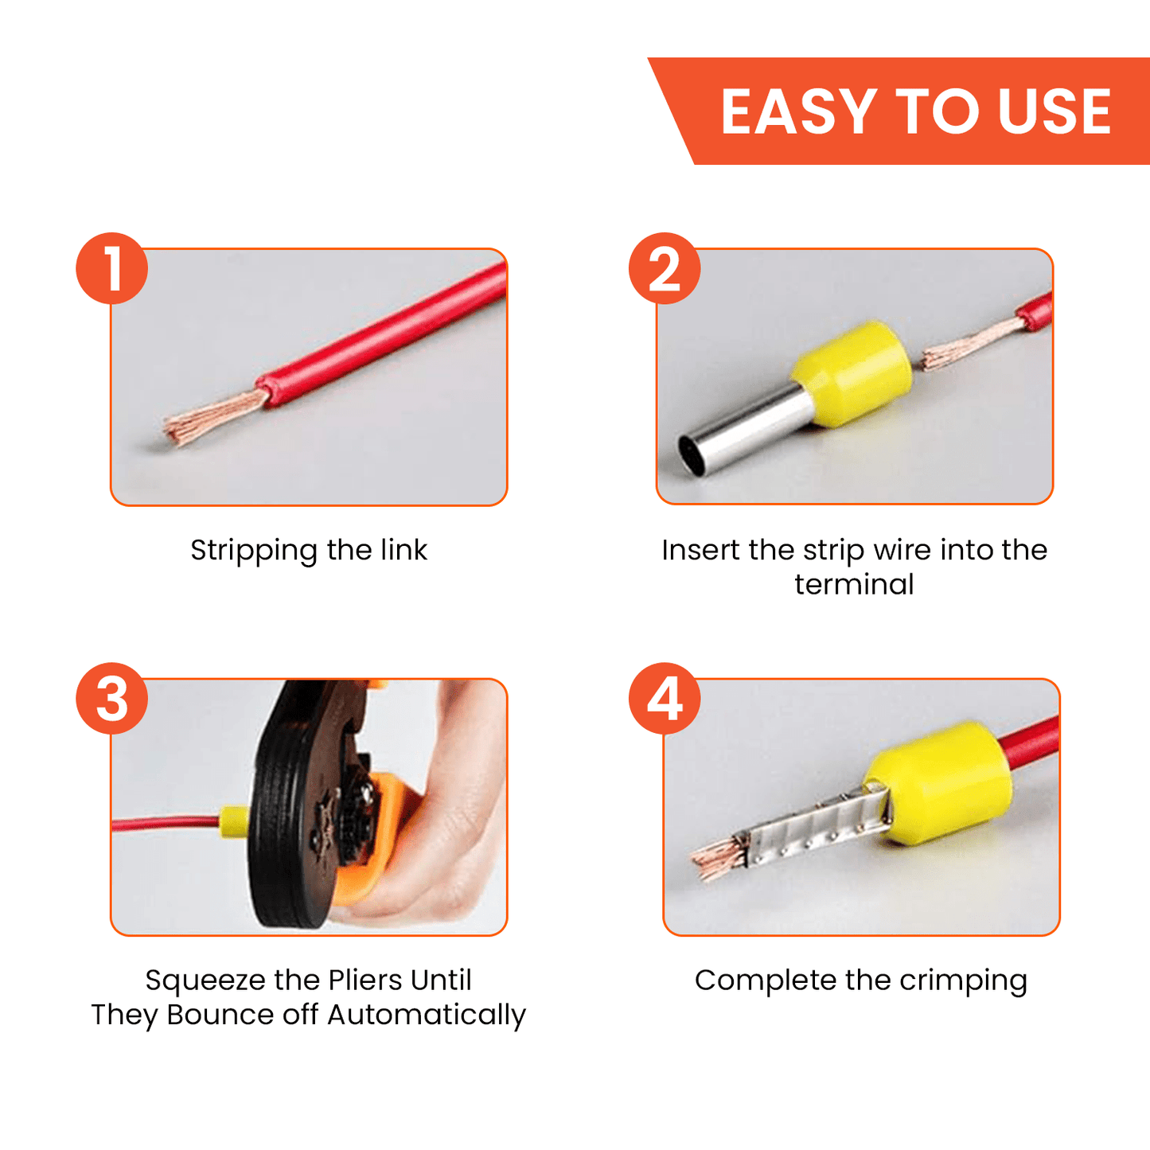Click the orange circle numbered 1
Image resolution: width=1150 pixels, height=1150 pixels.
[111, 268]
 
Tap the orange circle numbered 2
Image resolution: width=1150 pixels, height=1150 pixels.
[665, 268]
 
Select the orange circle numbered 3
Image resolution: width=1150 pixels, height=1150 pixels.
[111, 698]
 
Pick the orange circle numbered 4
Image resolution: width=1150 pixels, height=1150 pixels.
[665, 698]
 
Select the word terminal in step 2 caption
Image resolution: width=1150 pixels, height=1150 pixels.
[854, 584]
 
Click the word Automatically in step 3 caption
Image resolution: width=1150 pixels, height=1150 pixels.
[427, 1016]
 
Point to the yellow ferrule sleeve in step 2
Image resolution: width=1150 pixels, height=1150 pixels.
[852, 374]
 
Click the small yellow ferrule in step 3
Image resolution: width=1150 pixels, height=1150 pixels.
[235, 822]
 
